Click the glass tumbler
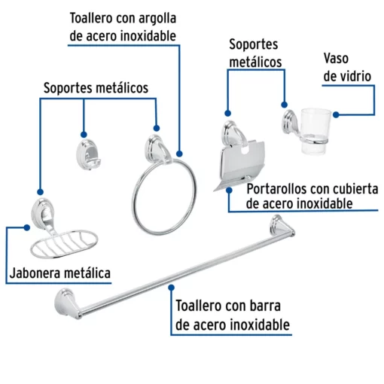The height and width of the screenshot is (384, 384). tap(315, 130)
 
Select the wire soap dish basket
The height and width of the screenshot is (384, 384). tap(64, 244)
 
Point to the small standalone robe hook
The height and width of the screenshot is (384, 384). tap(88, 154)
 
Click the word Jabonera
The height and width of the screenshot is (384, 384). tap(33, 273)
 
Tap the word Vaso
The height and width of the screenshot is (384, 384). tap(336, 59)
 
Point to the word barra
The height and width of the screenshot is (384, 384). tap(265, 306)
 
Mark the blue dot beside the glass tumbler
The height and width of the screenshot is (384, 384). tap(336, 114)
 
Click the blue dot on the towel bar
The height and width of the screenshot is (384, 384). tap(172, 288)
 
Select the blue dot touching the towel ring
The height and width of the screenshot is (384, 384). tap(179, 154)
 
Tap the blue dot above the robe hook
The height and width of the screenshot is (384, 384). tap(84, 134)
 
